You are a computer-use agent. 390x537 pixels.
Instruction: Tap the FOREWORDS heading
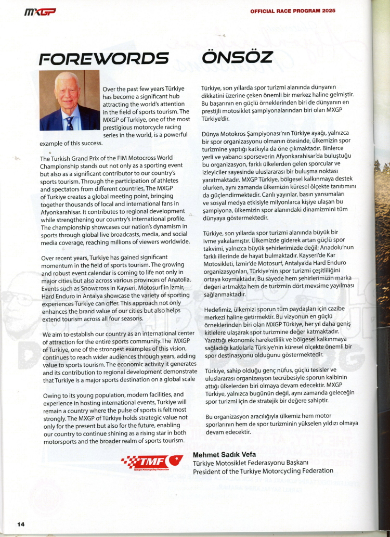104,57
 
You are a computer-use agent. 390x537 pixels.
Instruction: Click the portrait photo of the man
70,100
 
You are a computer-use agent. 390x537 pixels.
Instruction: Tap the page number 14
21,523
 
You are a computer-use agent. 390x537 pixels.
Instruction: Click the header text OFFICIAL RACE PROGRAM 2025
293,11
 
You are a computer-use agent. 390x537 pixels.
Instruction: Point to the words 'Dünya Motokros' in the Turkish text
226,134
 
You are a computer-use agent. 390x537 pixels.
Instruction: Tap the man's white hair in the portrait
67,78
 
